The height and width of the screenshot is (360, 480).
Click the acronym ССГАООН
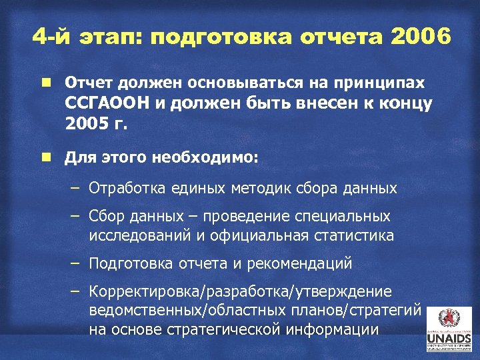(x=108, y=103)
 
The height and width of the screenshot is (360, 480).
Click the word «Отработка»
(x=127, y=189)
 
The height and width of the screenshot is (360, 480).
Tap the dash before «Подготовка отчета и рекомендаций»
(x=75, y=263)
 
